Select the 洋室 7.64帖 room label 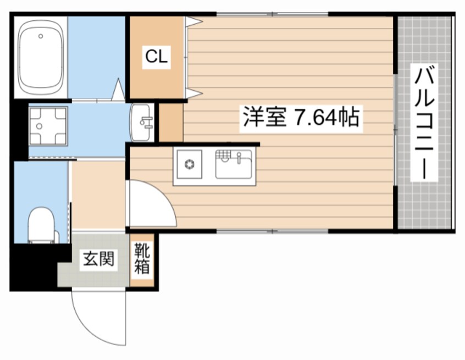pos(301,118)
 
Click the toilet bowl pos(42,222)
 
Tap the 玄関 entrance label pos(100,259)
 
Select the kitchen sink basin pos(234,165)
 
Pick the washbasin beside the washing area pos(142,121)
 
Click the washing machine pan pos(48,125)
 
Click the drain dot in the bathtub pos(40,36)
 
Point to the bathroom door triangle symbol pos(118,90)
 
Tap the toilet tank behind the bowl pos(43,237)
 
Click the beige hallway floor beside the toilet pos(98,195)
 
